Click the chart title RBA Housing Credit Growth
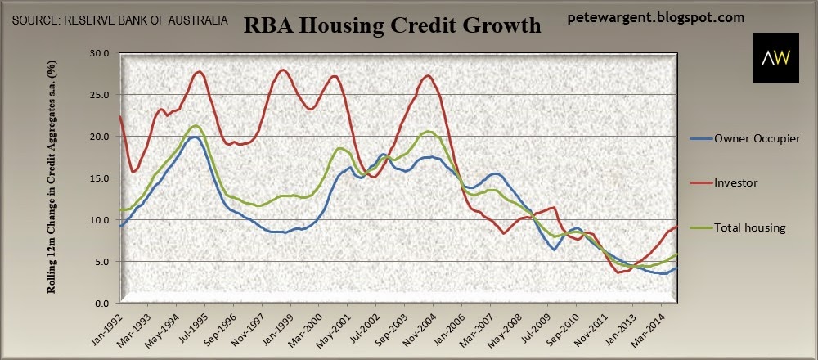393,25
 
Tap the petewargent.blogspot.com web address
656,18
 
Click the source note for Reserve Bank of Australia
120,21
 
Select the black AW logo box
775,57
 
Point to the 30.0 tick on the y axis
99,52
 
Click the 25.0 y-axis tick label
99,94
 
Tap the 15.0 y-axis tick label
99,178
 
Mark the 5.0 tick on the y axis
101,261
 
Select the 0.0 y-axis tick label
101,303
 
